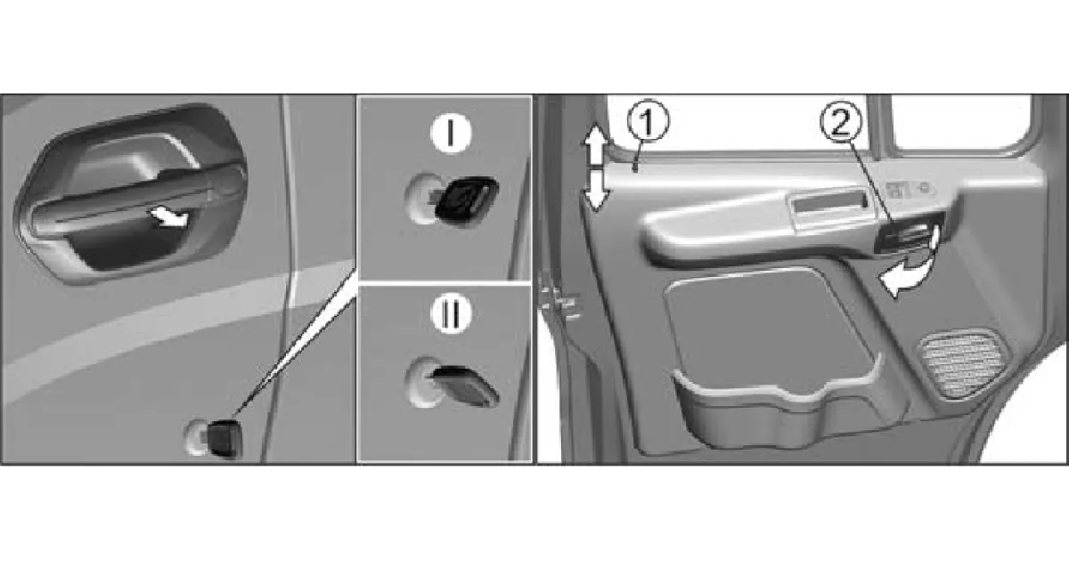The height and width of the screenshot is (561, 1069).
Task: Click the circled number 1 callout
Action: click(x=648, y=120)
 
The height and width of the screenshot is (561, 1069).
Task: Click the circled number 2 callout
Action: click(x=842, y=122)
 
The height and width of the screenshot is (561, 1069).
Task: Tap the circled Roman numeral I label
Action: click(x=451, y=134)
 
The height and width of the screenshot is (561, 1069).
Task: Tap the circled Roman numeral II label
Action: click(x=451, y=315)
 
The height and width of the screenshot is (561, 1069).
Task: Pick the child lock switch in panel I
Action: click(x=465, y=199)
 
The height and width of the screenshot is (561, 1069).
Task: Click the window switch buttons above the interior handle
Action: click(x=910, y=190)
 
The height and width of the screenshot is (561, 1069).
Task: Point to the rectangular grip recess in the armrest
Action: click(x=829, y=202)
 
